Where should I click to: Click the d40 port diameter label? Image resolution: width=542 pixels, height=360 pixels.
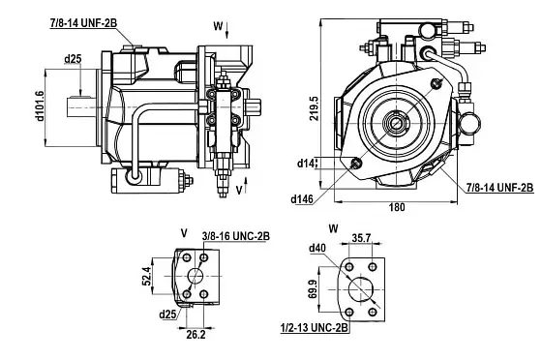(x=317, y=249)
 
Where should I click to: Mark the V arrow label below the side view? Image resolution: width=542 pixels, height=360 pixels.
(x=237, y=191)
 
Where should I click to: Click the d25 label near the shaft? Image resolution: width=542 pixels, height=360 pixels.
(x=73, y=59)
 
